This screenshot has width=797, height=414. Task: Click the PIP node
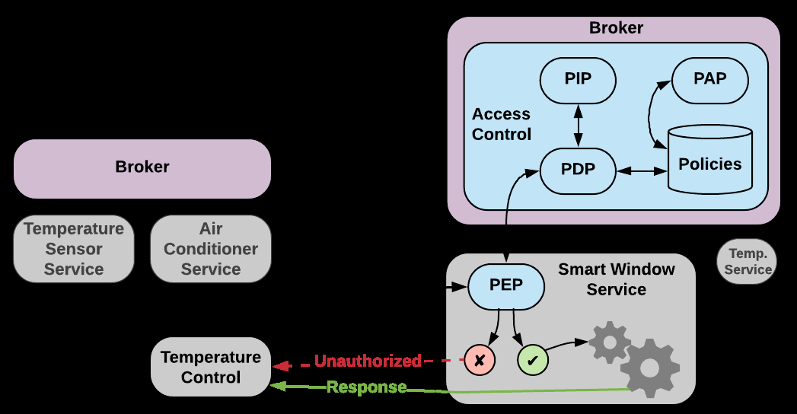578,79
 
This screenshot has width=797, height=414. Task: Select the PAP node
709,79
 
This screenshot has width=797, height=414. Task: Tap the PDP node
578,170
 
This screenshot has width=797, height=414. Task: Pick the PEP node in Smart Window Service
506,286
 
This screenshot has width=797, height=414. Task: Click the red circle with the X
480,360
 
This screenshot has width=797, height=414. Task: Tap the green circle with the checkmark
533,360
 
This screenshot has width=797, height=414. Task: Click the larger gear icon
649,368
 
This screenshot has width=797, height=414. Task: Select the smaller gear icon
610,342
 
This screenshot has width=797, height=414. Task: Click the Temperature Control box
211,367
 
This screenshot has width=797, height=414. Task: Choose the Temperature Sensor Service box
74,249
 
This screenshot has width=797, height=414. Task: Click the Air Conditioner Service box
211,249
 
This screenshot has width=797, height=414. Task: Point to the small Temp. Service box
748,262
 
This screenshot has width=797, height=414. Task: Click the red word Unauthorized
368,361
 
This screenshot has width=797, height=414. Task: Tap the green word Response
366,387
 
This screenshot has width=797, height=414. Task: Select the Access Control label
501,124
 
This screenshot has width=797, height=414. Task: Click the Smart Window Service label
617,279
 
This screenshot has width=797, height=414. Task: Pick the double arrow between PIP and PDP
578,126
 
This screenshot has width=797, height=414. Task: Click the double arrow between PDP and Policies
642,171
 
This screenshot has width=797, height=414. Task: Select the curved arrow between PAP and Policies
653,114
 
